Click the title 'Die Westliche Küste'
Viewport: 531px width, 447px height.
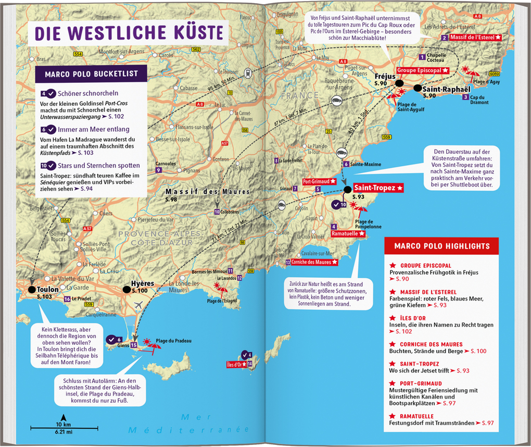point(129,32)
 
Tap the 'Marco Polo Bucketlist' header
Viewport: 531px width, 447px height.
point(91,74)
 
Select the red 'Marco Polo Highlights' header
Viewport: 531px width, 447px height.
point(441,246)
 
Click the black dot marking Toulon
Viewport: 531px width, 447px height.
point(32,289)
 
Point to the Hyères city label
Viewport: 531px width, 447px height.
point(143,283)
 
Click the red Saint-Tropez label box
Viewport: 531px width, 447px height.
point(378,188)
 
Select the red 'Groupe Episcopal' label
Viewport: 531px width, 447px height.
point(422,70)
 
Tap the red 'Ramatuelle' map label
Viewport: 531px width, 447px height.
point(348,234)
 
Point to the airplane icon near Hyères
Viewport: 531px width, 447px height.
point(138,305)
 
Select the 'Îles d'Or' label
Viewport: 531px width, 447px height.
point(236,364)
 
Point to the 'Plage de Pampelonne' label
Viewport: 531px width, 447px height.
point(368,224)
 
